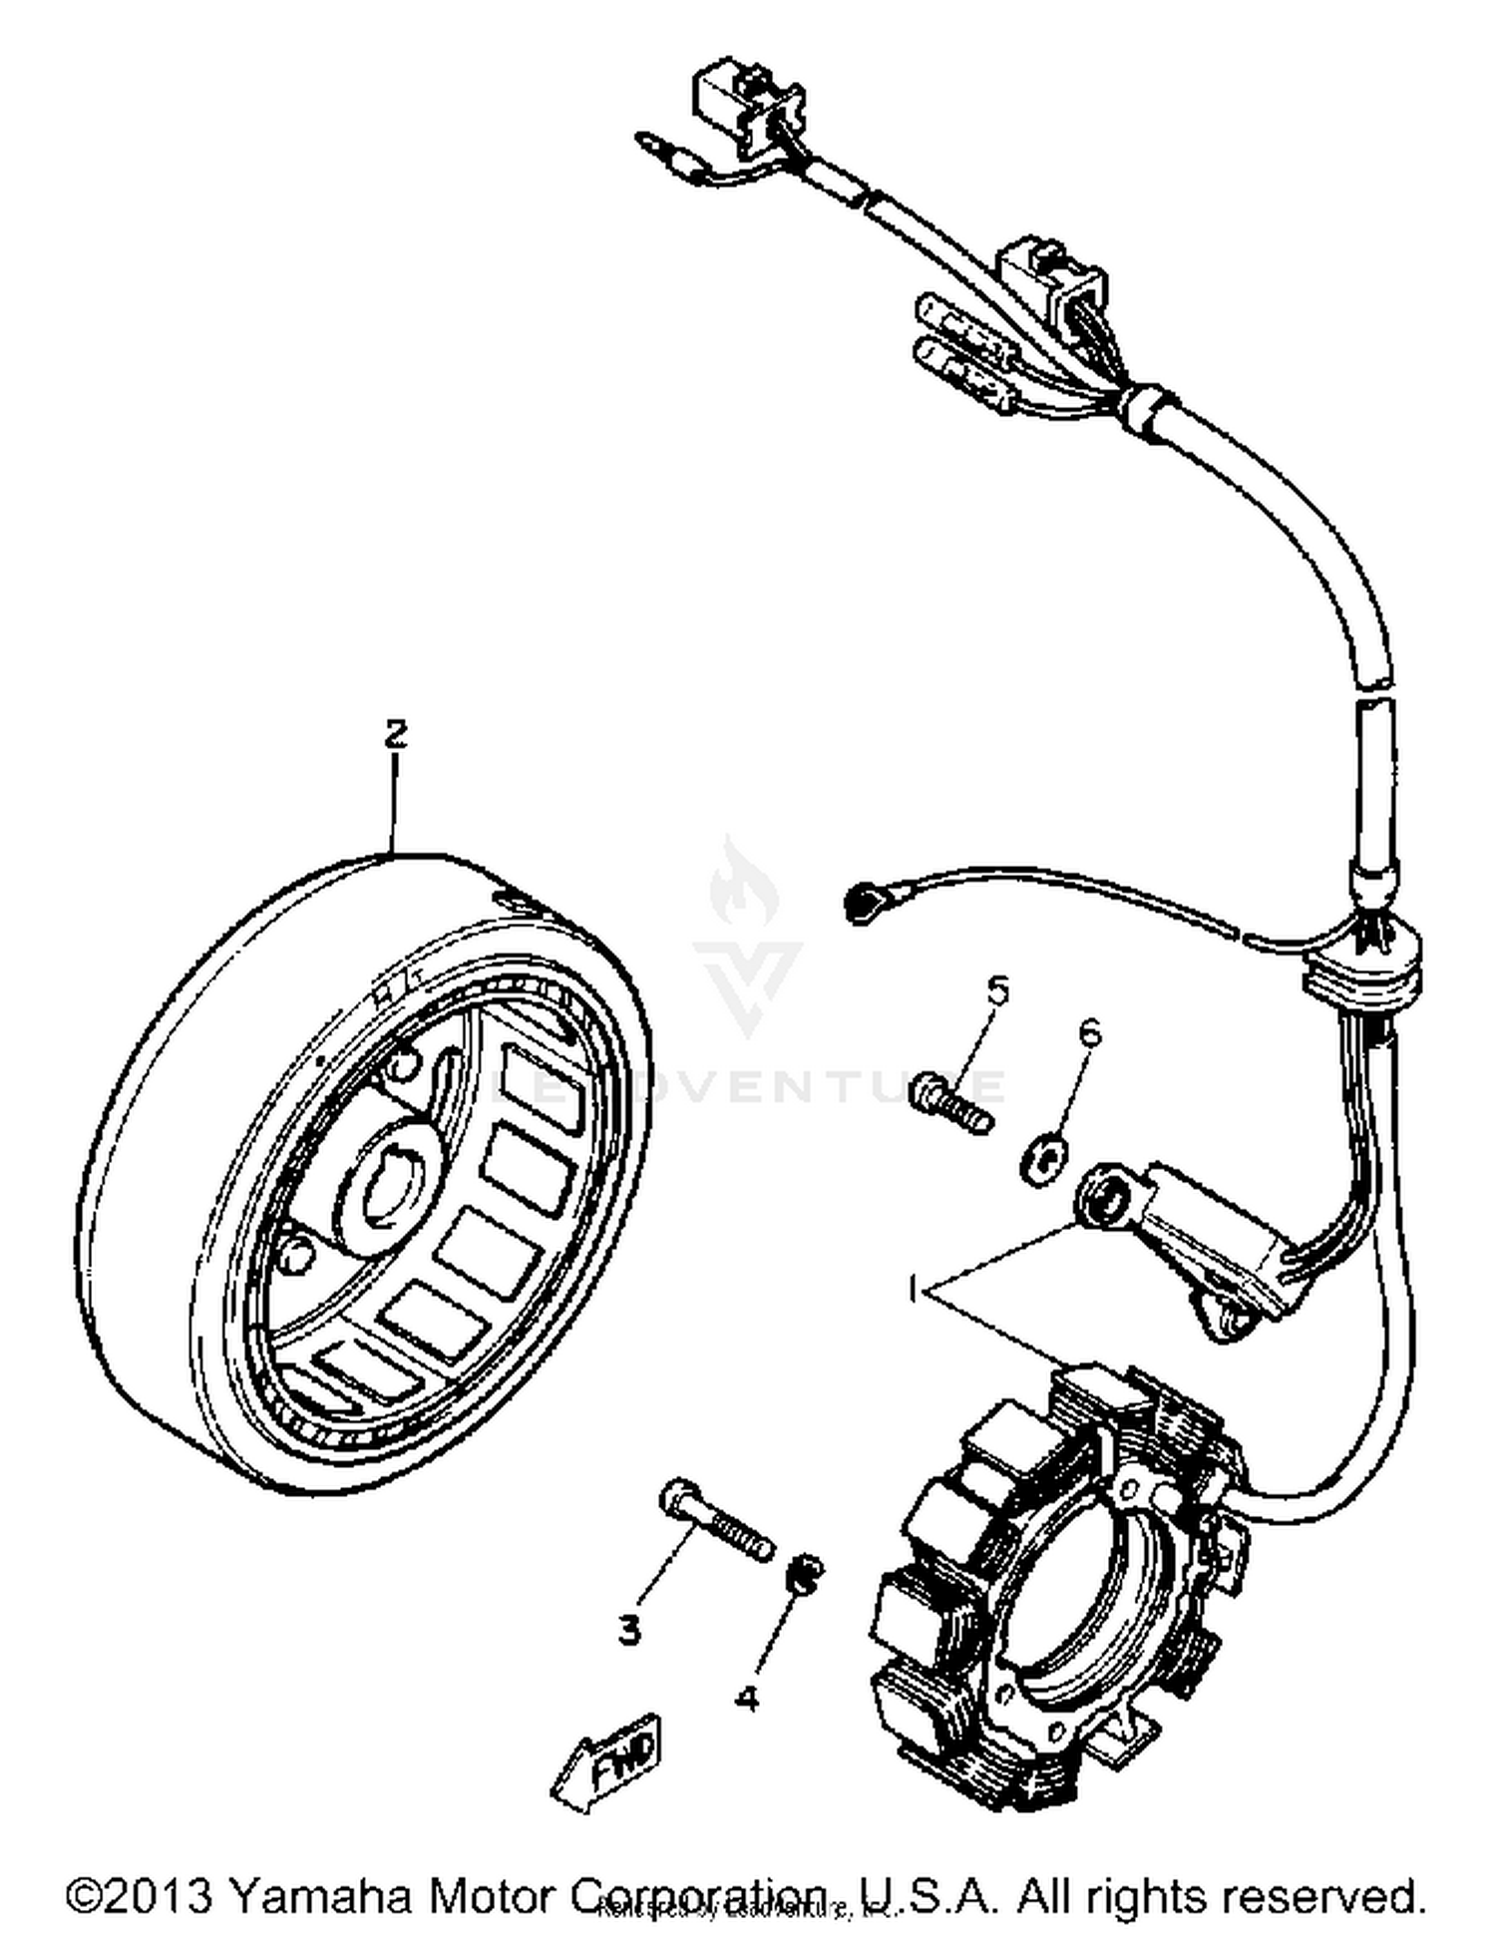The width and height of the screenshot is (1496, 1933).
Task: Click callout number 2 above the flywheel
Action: pos(396,734)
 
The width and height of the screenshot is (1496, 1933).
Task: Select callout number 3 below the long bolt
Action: pos(628,1631)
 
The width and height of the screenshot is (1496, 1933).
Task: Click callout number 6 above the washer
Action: pos(1090,1032)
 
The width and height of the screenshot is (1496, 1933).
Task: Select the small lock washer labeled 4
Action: pos(805,1572)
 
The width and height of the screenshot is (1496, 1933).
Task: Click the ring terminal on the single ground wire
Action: pos(862,903)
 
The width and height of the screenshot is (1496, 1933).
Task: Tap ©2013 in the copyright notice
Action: pos(138,1894)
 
